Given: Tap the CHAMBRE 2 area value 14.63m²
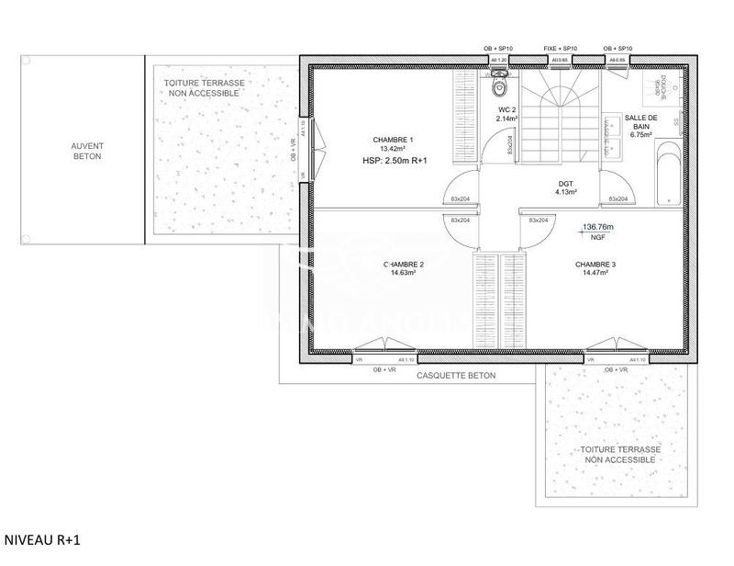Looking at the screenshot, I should [403, 273].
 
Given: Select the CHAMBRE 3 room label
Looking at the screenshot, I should [595, 265].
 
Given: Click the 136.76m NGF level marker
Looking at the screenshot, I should [597, 231].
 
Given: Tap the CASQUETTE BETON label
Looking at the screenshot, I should [455, 376].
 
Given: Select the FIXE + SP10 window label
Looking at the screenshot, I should [559, 48].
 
